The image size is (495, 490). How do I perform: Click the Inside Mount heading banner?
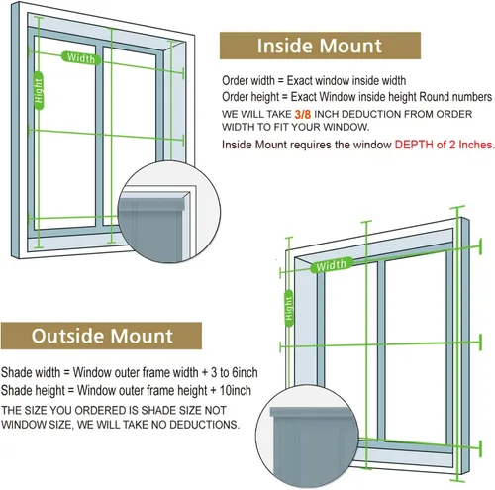[x=320, y=46]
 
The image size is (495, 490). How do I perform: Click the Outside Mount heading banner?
[x=101, y=336]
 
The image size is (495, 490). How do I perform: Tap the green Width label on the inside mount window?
[x=81, y=58]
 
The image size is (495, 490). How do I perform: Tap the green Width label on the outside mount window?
[x=331, y=265]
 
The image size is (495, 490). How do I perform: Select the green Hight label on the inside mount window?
[x=39, y=90]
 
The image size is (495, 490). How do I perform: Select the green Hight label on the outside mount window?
[x=289, y=308]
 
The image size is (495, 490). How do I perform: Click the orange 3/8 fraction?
[x=303, y=114]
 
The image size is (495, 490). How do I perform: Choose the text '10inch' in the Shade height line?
[x=236, y=390]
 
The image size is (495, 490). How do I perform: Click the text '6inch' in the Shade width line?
[x=245, y=372]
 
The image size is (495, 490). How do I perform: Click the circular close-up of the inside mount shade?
[x=169, y=212]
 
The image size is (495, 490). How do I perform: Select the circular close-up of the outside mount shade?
[x=307, y=437]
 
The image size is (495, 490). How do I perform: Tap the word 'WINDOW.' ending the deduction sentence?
[x=346, y=127]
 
